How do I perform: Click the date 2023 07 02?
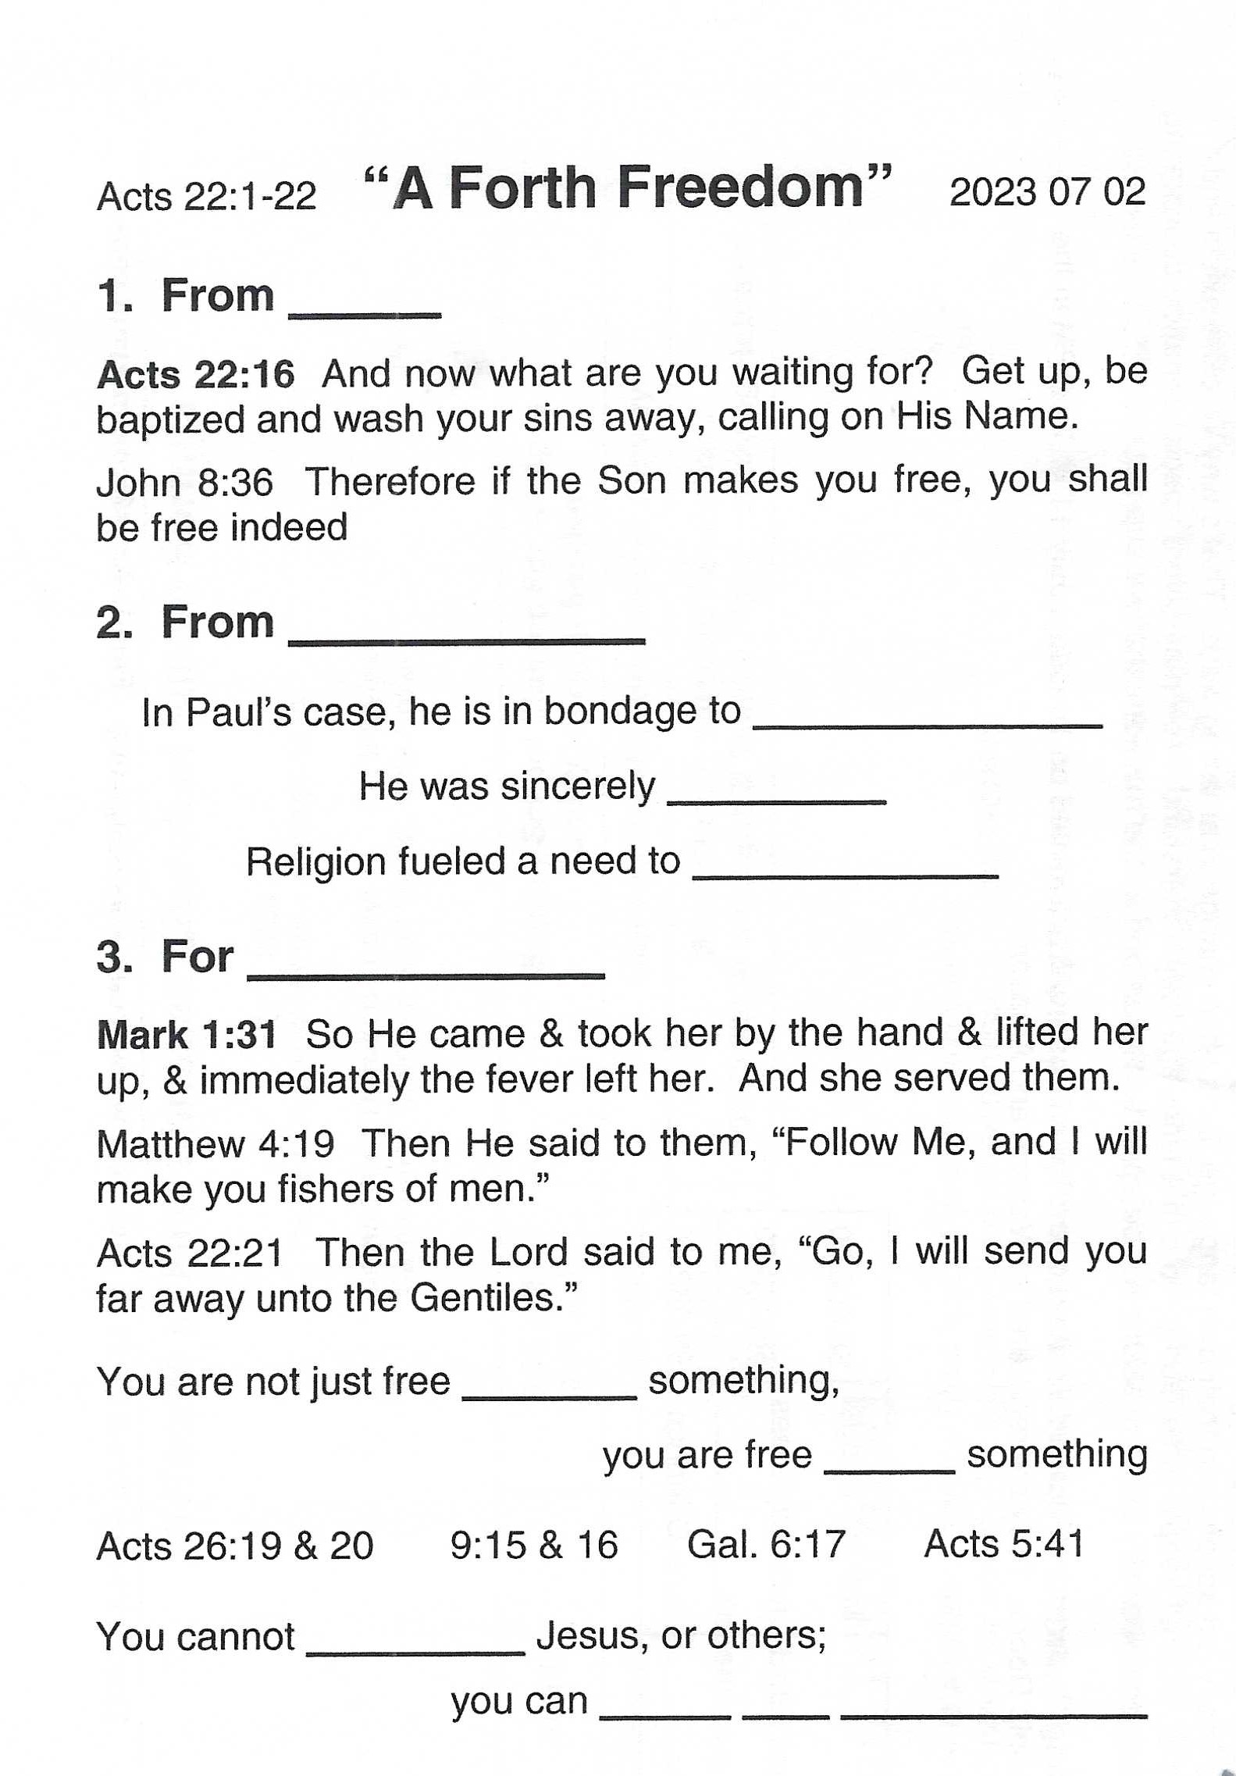1046,192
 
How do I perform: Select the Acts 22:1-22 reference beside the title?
206,196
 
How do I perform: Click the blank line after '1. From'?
365,312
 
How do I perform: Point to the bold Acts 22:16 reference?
195,375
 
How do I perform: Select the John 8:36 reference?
184,483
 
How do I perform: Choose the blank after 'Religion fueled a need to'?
845,874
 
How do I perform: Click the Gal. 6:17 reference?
765,1545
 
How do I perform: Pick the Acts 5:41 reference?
1003,1544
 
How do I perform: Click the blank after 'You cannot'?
415,1649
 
